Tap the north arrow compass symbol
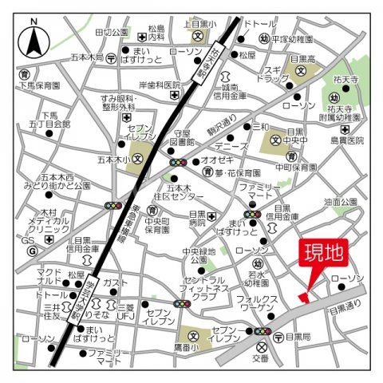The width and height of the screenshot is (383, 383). tap(35, 39)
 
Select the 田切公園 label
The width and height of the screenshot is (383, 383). tap(111, 33)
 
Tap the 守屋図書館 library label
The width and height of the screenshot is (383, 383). tap(182, 137)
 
